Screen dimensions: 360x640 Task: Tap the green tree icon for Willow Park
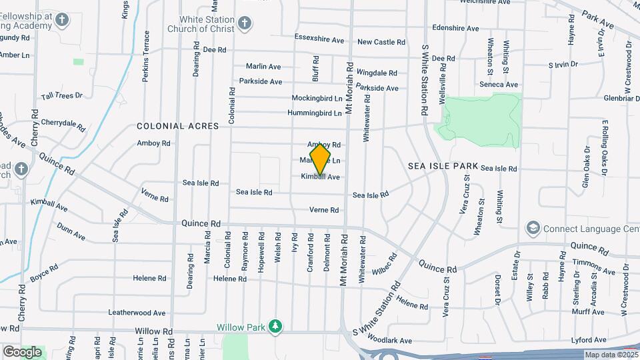click(x=275, y=326)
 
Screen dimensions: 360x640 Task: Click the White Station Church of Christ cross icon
click(x=245, y=25)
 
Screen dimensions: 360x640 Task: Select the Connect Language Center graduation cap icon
click(x=533, y=229)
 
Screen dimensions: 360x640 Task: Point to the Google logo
click(x=22, y=351)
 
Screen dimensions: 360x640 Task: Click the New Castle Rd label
click(x=381, y=42)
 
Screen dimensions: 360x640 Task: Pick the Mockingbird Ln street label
click(x=317, y=98)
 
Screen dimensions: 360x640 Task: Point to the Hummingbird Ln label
click(x=315, y=113)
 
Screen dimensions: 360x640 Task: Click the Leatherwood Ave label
click(x=137, y=312)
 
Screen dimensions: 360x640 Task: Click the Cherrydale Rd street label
click(x=63, y=124)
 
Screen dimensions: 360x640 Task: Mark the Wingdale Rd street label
click(x=377, y=72)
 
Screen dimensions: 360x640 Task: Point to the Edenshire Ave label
click(x=455, y=29)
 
